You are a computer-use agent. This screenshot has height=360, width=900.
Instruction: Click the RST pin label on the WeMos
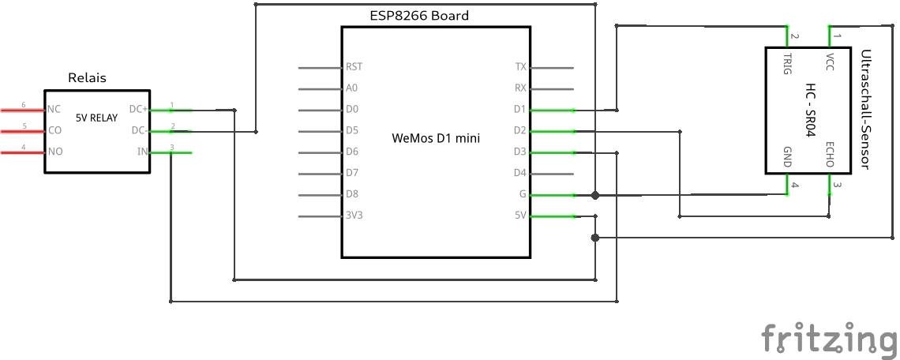(x=354, y=67)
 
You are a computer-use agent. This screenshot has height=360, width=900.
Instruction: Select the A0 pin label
(x=352, y=88)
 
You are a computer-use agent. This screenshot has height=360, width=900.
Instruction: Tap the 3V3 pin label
(x=354, y=216)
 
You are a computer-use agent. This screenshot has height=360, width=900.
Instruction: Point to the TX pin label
(x=520, y=67)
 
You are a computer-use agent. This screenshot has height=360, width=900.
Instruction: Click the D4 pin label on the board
(x=519, y=173)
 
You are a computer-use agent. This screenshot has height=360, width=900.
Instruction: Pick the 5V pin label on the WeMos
(x=520, y=216)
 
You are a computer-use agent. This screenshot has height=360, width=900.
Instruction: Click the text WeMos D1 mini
(x=437, y=137)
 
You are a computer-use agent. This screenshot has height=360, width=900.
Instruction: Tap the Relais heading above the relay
(x=88, y=78)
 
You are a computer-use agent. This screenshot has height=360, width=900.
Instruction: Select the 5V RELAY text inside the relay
(x=96, y=118)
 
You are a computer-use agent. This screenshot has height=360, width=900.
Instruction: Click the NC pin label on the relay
(x=54, y=109)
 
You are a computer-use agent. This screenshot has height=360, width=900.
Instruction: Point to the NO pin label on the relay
(x=54, y=152)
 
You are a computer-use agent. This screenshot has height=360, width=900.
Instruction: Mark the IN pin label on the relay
(x=143, y=152)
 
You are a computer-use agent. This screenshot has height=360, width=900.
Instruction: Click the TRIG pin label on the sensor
(x=787, y=63)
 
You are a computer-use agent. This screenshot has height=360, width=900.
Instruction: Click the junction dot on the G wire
(x=595, y=195)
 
